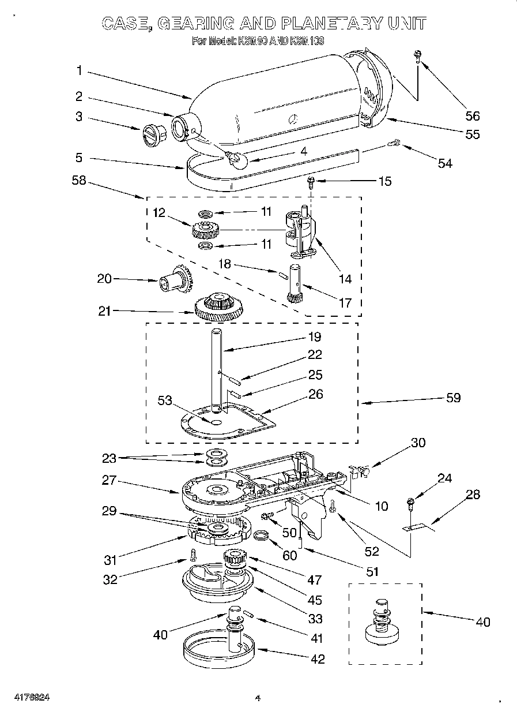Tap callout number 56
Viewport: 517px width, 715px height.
[x=472, y=115]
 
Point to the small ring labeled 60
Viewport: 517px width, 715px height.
[x=262, y=537]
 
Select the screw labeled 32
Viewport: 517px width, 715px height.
[x=193, y=555]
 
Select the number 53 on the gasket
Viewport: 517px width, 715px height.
[x=165, y=400]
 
